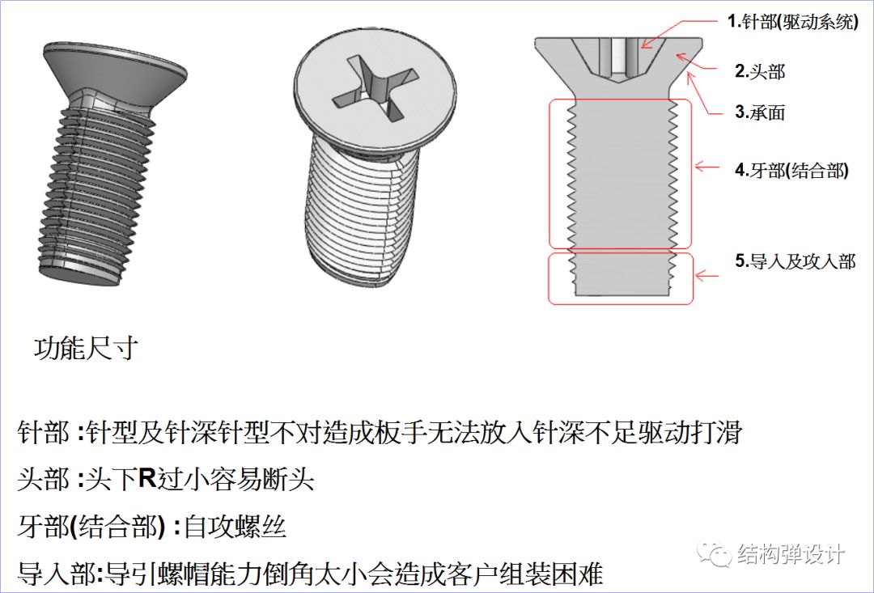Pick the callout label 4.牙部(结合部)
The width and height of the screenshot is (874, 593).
click(791, 171)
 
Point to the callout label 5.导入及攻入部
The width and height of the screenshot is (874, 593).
click(795, 261)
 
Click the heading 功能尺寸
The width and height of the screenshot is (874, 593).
click(86, 349)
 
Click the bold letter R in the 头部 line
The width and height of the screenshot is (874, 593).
click(146, 479)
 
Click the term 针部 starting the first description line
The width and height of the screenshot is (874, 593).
click(44, 432)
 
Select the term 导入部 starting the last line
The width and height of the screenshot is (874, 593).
click(55, 575)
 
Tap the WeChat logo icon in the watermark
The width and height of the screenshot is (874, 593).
click(716, 554)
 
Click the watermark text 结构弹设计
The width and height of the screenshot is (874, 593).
click(791, 555)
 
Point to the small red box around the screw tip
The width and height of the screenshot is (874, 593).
click(621, 279)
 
